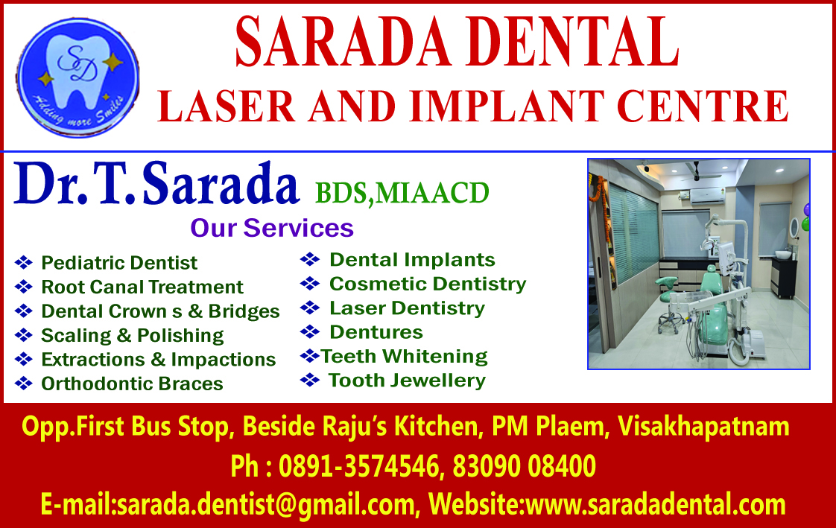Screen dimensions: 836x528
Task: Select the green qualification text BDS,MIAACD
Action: click(x=402, y=194)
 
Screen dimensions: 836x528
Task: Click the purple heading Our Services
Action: click(x=272, y=228)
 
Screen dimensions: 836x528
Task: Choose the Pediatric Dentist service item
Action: click(x=119, y=263)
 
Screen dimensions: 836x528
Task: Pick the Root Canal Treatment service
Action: click(x=142, y=287)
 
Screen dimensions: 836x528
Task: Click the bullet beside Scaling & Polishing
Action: click(x=23, y=335)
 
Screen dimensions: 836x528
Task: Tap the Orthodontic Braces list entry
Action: click(x=132, y=384)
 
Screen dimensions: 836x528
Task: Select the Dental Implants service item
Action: click(x=412, y=259)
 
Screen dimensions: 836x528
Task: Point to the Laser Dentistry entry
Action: click(x=408, y=308)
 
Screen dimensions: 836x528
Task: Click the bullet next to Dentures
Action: click(x=310, y=332)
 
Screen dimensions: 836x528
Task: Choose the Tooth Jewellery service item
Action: click(x=407, y=381)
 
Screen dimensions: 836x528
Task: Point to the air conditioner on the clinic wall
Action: click(x=707, y=196)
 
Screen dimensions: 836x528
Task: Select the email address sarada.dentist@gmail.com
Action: click(x=265, y=504)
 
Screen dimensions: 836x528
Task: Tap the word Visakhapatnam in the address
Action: click(x=703, y=427)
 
